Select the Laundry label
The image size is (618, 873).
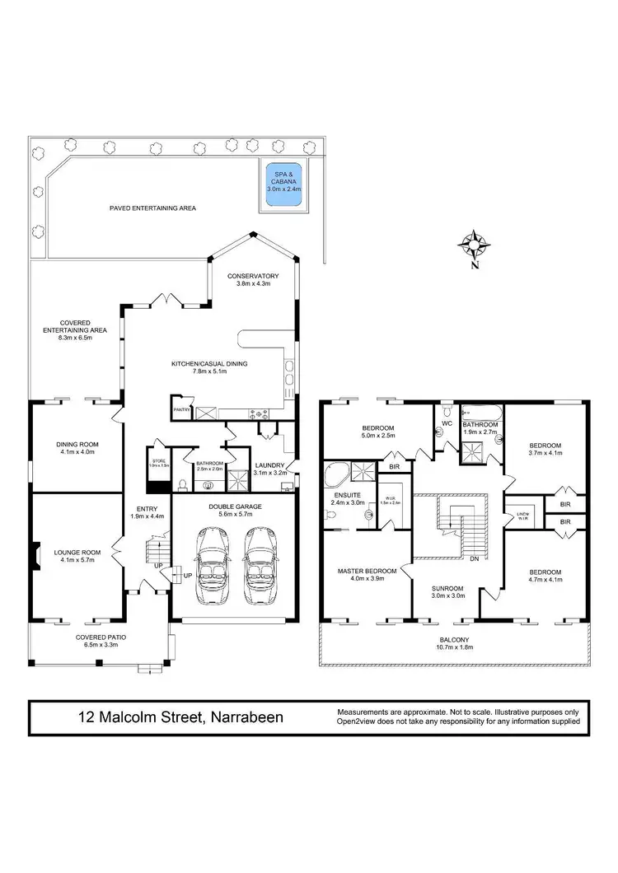click(270, 465)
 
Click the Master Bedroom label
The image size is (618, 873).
click(367, 571)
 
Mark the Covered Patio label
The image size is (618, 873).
click(101, 637)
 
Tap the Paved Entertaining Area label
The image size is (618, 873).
click(152, 208)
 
